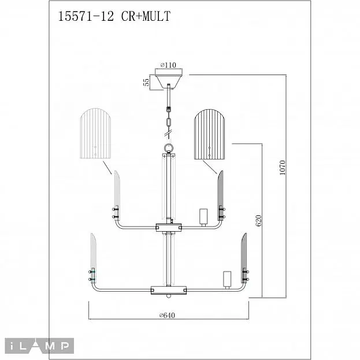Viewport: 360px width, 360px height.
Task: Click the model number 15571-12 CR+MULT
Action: pos(114,17)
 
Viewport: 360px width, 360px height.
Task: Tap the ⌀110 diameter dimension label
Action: pos(168,65)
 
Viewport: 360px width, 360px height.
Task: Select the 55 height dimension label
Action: pos(146,82)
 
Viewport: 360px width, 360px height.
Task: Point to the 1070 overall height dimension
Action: pos(283,168)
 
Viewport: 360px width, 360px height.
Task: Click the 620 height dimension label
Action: pos(258,221)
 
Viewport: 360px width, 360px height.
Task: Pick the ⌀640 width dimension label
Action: pos(167,316)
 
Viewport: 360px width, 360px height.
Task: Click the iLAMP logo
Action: pos(39,346)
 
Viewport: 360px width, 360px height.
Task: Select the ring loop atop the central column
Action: pos(169,148)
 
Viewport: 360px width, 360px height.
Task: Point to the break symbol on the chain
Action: pos(169,133)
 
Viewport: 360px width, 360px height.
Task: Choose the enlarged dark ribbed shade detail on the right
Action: pos(210,134)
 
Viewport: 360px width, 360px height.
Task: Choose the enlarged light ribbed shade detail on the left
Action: pos(95,133)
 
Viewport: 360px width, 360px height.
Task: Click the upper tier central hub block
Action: pos(169,228)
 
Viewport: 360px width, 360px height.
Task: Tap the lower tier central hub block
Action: pos(169,290)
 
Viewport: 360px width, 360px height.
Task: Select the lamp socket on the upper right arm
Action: pos(203,216)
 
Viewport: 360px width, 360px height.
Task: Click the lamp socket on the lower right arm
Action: pos(227,279)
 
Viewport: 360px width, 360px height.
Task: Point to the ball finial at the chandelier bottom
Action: pos(169,296)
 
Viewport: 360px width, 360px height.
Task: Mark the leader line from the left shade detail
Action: pos(107,168)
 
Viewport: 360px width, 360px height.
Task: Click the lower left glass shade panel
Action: pos(94,257)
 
